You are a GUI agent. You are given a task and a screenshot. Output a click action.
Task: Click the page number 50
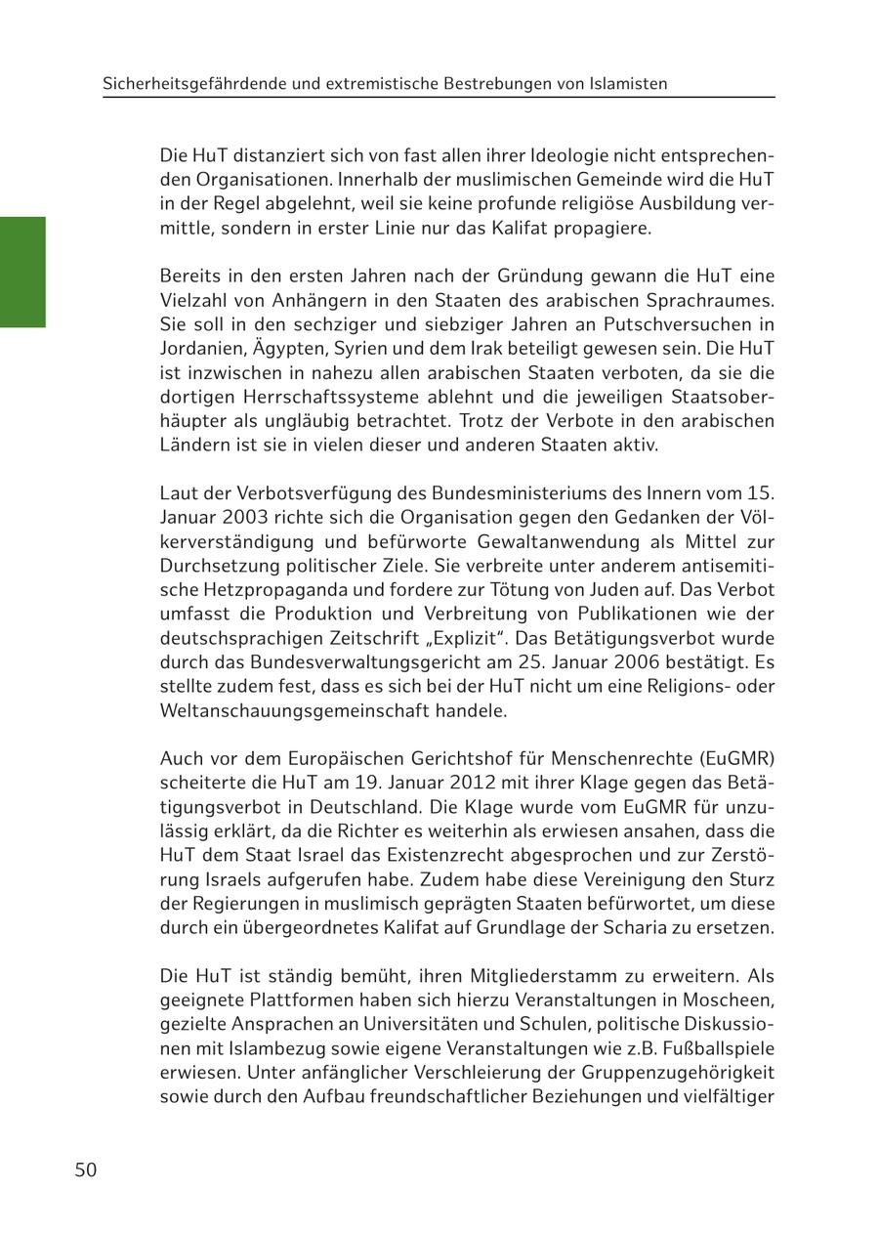point(85,1169)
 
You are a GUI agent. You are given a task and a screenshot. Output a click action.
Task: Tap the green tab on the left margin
point(22,272)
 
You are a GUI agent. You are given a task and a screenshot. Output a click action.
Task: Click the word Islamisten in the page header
point(629,84)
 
